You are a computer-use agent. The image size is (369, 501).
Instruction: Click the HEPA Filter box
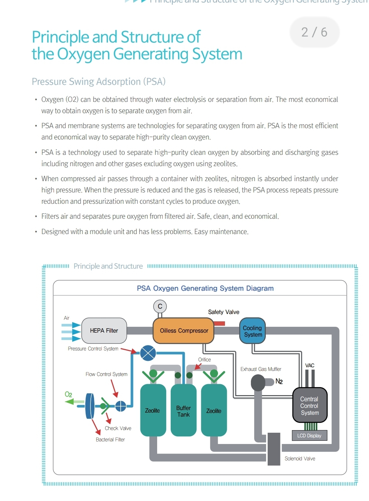click(104, 330)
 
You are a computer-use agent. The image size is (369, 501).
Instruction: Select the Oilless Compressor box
click(183, 330)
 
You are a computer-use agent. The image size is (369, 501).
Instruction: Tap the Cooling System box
click(252, 330)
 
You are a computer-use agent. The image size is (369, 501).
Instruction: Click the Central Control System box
click(310, 405)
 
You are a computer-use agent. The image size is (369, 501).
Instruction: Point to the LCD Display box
click(309, 436)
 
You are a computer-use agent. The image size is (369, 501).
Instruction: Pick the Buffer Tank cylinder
click(184, 410)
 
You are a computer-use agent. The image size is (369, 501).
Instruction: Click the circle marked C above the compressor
click(160, 306)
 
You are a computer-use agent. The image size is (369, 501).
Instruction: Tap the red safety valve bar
click(220, 324)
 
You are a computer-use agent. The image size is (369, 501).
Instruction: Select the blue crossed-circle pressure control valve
click(148, 353)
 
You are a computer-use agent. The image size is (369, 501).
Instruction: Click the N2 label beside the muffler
click(279, 381)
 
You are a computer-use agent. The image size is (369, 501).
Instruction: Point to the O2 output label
click(68, 394)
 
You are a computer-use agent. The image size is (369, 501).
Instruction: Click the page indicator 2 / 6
click(314, 32)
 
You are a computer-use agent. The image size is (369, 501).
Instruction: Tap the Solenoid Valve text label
click(300, 459)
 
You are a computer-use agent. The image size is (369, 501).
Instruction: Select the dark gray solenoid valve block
click(274, 449)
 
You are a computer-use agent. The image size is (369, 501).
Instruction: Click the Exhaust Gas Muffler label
click(261, 369)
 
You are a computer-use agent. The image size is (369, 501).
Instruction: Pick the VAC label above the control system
click(310, 366)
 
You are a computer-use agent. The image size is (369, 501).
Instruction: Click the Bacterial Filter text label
click(110, 440)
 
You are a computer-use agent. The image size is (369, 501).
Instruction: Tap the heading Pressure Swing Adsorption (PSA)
click(98, 82)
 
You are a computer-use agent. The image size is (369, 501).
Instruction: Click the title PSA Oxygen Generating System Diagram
click(205, 288)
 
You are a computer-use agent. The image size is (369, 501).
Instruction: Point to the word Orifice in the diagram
click(205, 359)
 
